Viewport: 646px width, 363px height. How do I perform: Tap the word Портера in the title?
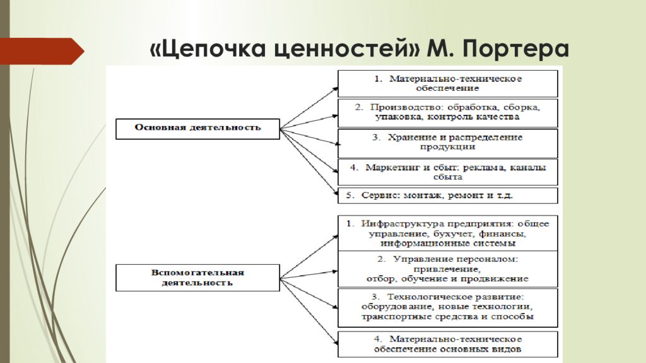pos(515,49)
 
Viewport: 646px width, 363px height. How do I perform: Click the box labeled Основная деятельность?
pos(197,129)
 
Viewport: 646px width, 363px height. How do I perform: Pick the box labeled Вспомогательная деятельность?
pos(197,278)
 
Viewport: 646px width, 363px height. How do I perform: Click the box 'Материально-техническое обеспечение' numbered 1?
pos(448,84)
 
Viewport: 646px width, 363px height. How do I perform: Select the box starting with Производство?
pos(448,113)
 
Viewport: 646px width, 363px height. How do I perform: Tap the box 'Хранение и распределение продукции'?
pos(448,143)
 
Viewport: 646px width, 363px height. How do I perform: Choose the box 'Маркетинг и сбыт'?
pos(448,173)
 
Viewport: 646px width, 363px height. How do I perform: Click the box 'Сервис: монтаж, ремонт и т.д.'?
pos(448,195)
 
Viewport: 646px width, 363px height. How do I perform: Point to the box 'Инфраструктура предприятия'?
pos(448,233)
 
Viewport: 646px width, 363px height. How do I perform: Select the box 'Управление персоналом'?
pos(448,268)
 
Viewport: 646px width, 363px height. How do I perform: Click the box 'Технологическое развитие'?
pos(448,308)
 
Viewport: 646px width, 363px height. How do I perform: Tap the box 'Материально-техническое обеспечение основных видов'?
pos(448,344)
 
